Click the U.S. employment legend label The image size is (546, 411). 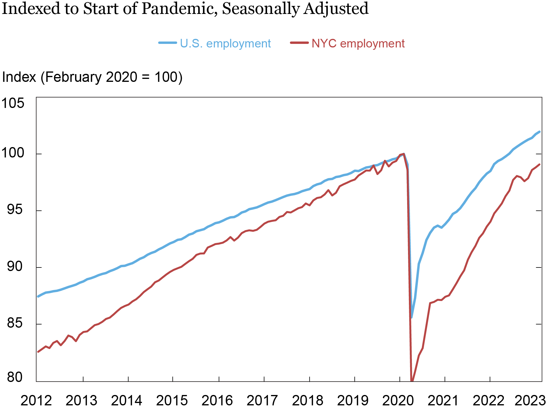click(225, 44)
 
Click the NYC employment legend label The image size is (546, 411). click(358, 44)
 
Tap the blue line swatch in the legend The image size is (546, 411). click(168, 43)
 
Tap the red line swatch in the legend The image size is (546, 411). click(299, 43)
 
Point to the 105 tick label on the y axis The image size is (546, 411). click(13, 103)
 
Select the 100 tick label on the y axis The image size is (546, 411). click(13, 153)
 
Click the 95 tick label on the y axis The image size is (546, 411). click(15, 210)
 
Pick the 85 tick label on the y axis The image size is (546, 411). click(15, 323)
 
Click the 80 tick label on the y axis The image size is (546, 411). click(15, 377)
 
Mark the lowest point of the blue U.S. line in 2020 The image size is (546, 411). click(411, 317)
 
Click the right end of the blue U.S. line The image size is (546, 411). click(539, 132)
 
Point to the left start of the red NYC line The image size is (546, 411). click(38, 352)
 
